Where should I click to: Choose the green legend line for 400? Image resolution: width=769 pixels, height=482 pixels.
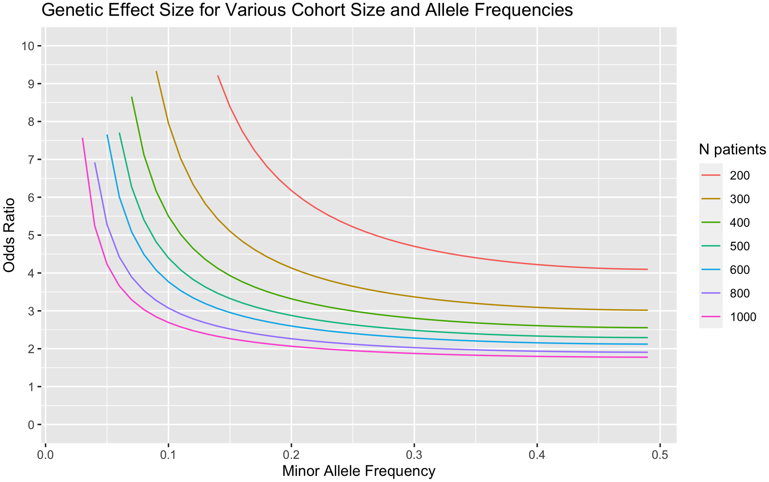pyautogui.click(x=711, y=223)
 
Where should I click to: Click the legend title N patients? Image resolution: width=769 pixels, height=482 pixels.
pyautogui.click(x=732, y=150)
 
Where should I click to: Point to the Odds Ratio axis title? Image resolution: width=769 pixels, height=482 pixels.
pyautogui.click(x=10, y=235)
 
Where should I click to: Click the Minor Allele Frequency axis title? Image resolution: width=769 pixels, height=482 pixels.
pyautogui.click(x=359, y=471)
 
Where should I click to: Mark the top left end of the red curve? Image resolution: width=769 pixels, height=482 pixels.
pyautogui.click(x=218, y=76)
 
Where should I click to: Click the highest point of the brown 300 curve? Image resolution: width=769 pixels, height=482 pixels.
pyautogui.click(x=156, y=72)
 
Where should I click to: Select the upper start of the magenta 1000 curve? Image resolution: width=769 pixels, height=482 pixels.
pyautogui.click(x=82, y=138)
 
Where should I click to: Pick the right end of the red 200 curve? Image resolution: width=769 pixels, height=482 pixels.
pyautogui.click(x=647, y=269)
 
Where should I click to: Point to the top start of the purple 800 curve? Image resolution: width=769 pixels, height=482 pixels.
pyautogui.click(x=95, y=163)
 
